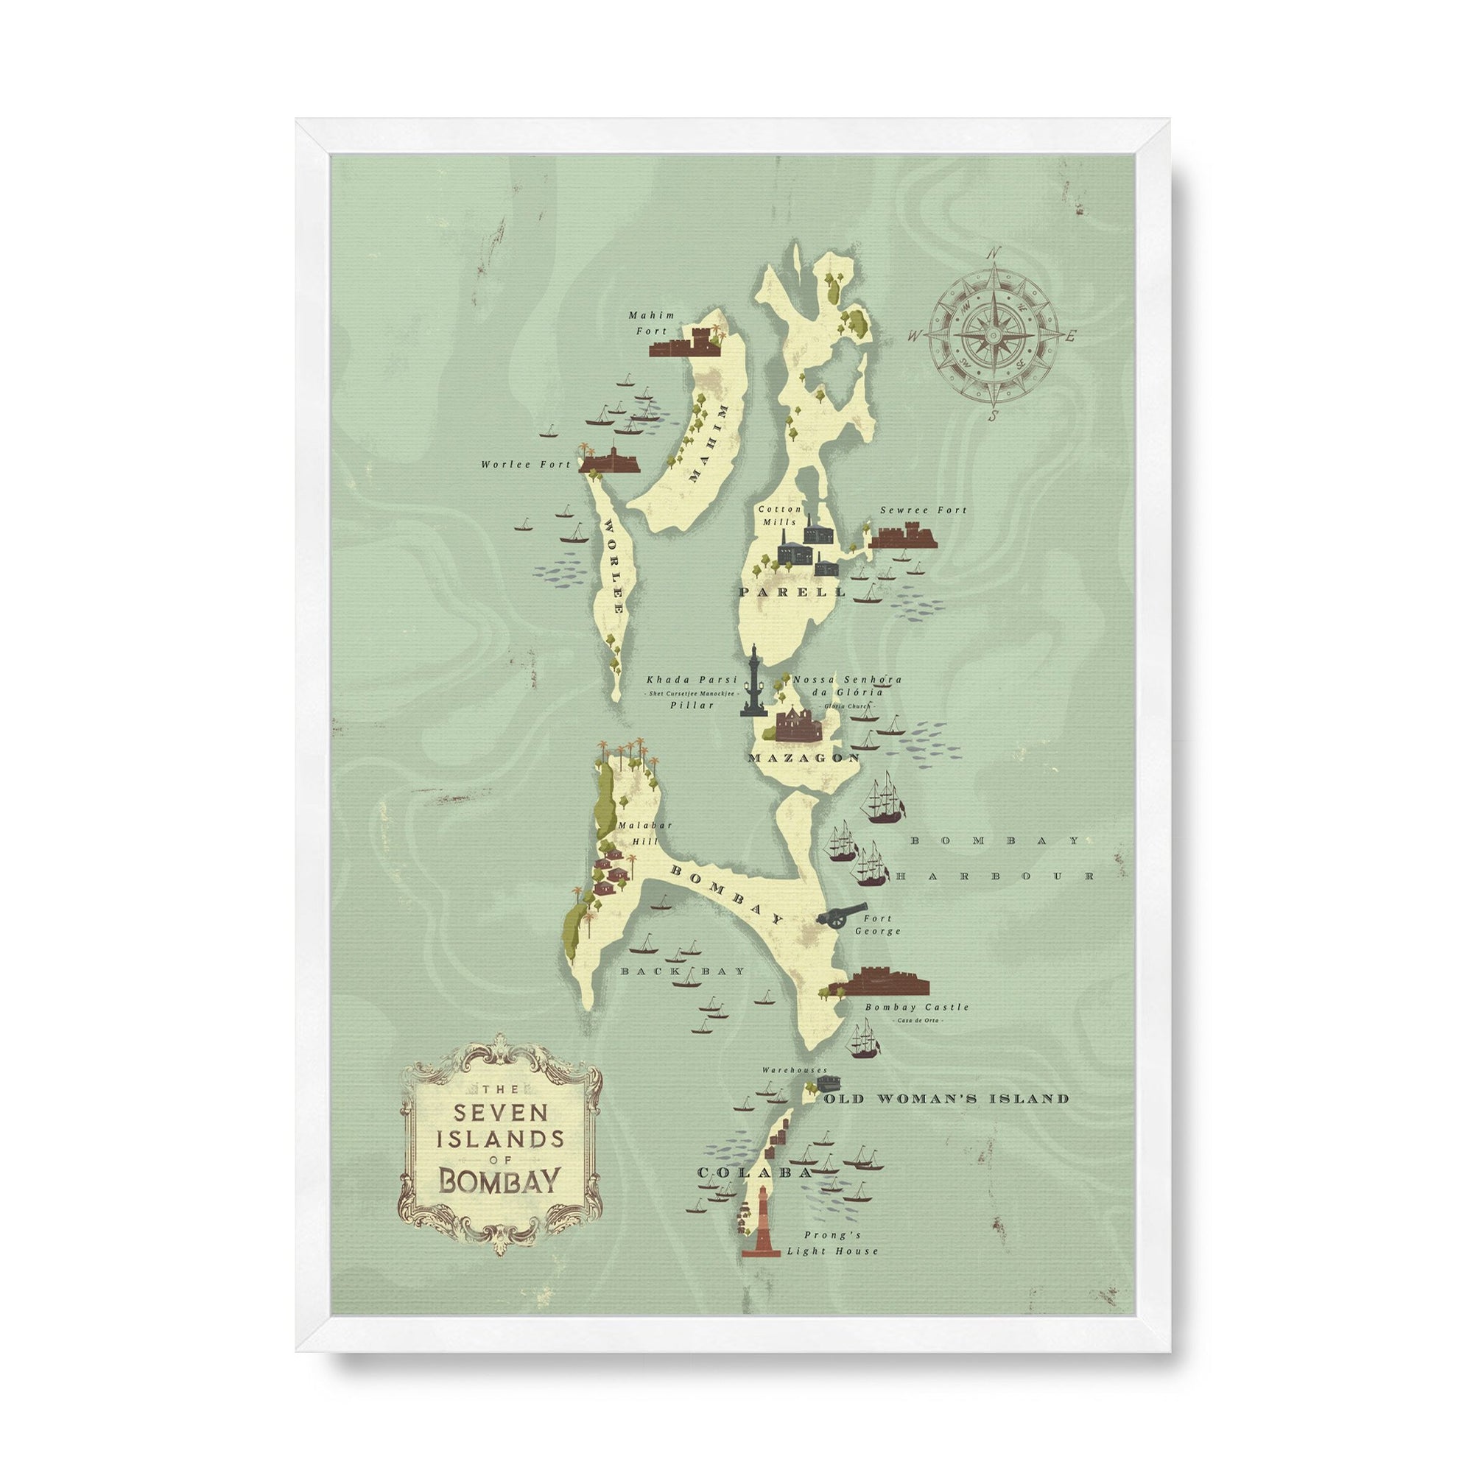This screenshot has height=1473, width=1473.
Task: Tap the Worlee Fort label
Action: pyautogui.click(x=525, y=463)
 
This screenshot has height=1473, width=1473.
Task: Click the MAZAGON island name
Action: pyautogui.click(x=804, y=759)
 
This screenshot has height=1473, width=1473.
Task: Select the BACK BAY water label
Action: pyautogui.click(x=672, y=972)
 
